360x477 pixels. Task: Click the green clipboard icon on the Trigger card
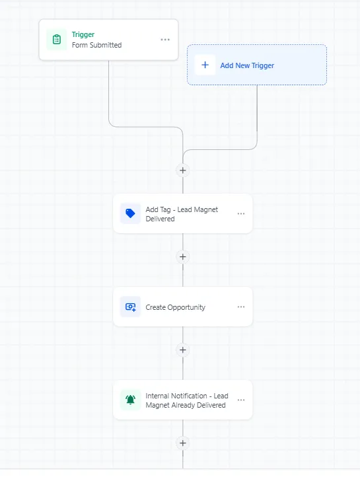[57, 40]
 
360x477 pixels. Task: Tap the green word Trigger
[83, 34]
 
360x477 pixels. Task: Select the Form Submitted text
[96, 45]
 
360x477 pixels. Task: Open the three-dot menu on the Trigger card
[165, 40]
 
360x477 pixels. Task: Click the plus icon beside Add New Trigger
[205, 65]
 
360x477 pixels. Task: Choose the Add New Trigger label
[247, 65]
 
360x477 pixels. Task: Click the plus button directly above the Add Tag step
[183, 170]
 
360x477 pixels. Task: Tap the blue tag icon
[130, 213]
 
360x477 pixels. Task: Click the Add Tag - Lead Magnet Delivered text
[182, 214]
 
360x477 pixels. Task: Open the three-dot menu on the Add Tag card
[241, 213]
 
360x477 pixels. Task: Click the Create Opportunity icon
[130, 307]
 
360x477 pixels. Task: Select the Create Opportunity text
[176, 307]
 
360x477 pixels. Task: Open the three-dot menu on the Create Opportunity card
[241, 307]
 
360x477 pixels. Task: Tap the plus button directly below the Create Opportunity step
[183, 350]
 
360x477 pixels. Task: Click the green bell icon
[130, 400]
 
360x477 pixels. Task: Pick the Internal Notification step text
[187, 400]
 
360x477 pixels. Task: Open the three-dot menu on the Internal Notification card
[241, 400]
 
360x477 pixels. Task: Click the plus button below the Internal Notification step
[183, 443]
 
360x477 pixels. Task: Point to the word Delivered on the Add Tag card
[161, 219]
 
